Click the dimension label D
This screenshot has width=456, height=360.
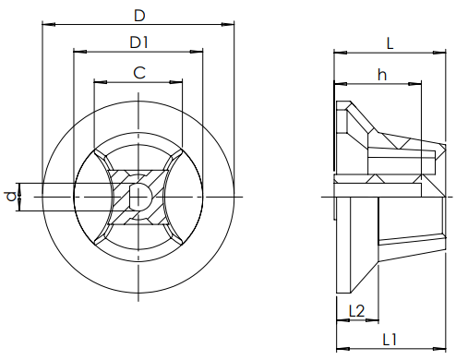(x=139, y=16)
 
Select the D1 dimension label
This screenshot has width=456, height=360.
(x=139, y=42)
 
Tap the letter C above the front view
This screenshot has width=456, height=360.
(x=139, y=73)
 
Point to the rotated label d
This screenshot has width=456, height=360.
(x=11, y=197)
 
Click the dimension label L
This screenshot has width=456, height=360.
(x=390, y=43)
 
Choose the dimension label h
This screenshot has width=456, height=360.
(x=382, y=75)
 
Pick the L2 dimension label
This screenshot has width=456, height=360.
(x=357, y=311)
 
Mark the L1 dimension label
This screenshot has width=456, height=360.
(x=390, y=340)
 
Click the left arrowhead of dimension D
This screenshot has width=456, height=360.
(x=49, y=24)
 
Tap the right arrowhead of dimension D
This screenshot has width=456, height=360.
(x=228, y=24)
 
